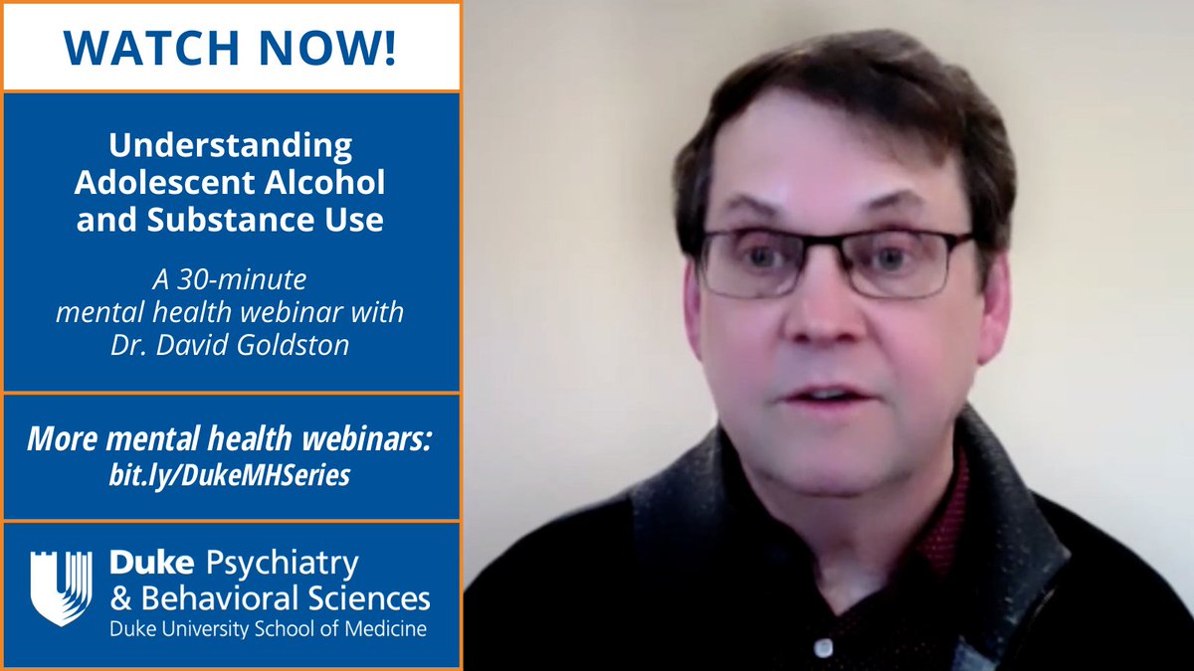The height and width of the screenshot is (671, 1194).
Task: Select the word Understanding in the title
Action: [x=230, y=146]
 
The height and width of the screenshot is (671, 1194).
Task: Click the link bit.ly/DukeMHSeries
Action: [x=229, y=475]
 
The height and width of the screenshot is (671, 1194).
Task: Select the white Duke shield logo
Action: [x=61, y=587]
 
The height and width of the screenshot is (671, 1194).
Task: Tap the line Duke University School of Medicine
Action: [x=268, y=630]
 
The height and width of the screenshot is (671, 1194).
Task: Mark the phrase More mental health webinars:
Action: [x=229, y=437]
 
